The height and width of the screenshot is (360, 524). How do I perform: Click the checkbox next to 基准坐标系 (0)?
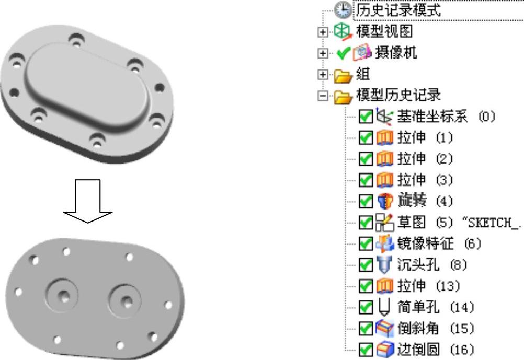pos(364,116)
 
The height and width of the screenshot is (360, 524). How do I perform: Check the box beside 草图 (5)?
pos(364,222)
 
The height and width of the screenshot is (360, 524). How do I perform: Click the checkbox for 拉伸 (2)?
pos(364,158)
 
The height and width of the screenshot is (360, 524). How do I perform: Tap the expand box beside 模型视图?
pos(324,32)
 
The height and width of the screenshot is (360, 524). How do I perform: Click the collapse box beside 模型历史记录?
pos(324,95)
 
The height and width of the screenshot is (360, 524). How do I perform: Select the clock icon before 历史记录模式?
pos(346,10)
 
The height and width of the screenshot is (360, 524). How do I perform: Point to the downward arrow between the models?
pos(88,201)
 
